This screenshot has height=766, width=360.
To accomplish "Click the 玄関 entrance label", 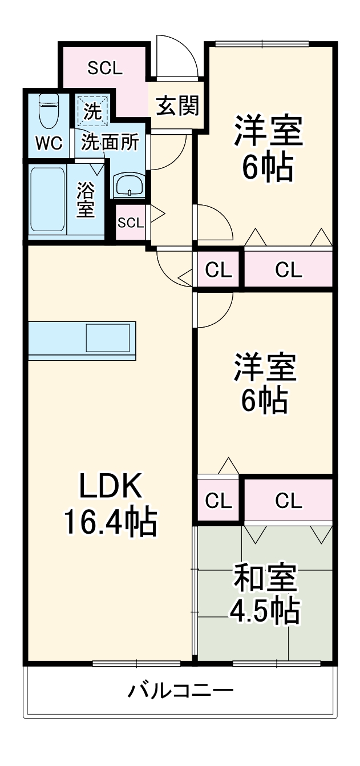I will pos(177,106).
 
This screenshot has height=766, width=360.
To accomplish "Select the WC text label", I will pos(48,144).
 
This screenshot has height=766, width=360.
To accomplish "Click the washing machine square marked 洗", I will pos(92,109).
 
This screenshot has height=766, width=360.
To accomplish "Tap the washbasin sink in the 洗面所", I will pos(130,185).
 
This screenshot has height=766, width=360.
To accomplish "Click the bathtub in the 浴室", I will pos(47,200).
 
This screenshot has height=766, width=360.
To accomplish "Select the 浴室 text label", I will pos(86,200).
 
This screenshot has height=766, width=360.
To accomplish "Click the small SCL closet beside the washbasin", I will pos(130,223).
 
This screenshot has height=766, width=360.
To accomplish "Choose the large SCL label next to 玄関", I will pos(104,68).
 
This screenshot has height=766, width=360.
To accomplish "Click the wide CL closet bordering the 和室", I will pos(289,501).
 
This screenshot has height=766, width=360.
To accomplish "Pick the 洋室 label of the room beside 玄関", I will pos(268,131).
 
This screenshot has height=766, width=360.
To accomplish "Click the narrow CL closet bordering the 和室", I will pos(219,501).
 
